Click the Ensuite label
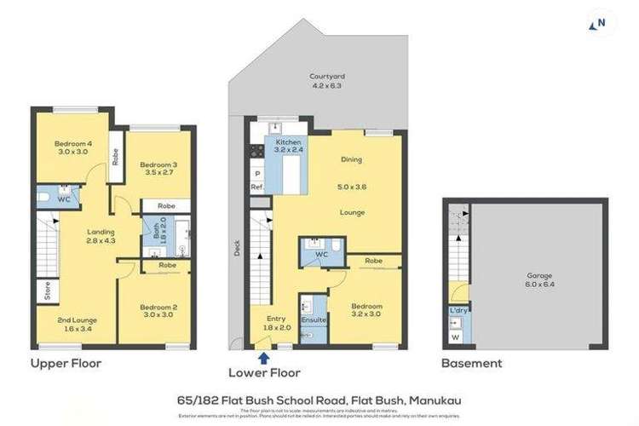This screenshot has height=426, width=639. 313,320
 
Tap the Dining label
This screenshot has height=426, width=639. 351,158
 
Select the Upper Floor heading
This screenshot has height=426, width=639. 66,364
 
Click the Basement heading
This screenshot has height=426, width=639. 471,364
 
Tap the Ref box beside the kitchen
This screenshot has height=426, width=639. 256,187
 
